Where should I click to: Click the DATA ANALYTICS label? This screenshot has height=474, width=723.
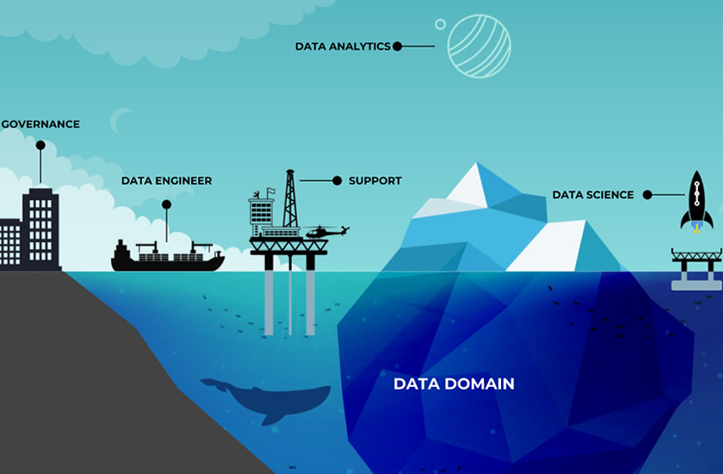[343, 47]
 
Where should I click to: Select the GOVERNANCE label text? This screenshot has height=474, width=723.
[40, 124]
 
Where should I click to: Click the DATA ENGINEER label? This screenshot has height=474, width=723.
[166, 181]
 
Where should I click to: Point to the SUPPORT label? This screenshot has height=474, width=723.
[375, 181]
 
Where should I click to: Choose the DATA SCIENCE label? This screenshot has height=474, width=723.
[592, 195]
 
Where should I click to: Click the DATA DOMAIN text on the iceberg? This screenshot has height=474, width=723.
[454, 384]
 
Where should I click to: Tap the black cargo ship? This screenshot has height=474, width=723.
[167, 256]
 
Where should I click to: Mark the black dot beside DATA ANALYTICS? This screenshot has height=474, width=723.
[398, 47]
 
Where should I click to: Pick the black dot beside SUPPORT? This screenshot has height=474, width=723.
[336, 181]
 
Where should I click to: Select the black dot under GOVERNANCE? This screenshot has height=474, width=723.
[40, 146]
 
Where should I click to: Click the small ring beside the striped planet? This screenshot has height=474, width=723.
[441, 24]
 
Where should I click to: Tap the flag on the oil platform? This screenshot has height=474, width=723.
[272, 192]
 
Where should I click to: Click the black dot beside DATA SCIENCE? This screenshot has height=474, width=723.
[647, 195]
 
